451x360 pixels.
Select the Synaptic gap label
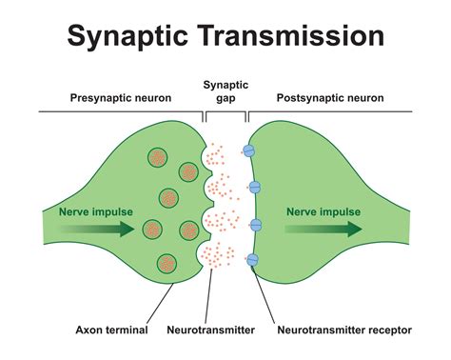(225, 91)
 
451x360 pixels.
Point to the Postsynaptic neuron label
(330, 98)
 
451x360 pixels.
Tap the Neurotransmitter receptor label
(343, 330)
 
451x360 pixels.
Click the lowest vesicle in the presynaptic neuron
(168, 262)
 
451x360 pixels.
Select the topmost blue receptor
(249, 150)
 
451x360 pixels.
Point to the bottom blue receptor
(253, 260)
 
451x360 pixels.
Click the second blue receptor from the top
(254, 187)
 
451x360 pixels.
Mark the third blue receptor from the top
(255, 225)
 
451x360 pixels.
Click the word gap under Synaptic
(225, 98)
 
